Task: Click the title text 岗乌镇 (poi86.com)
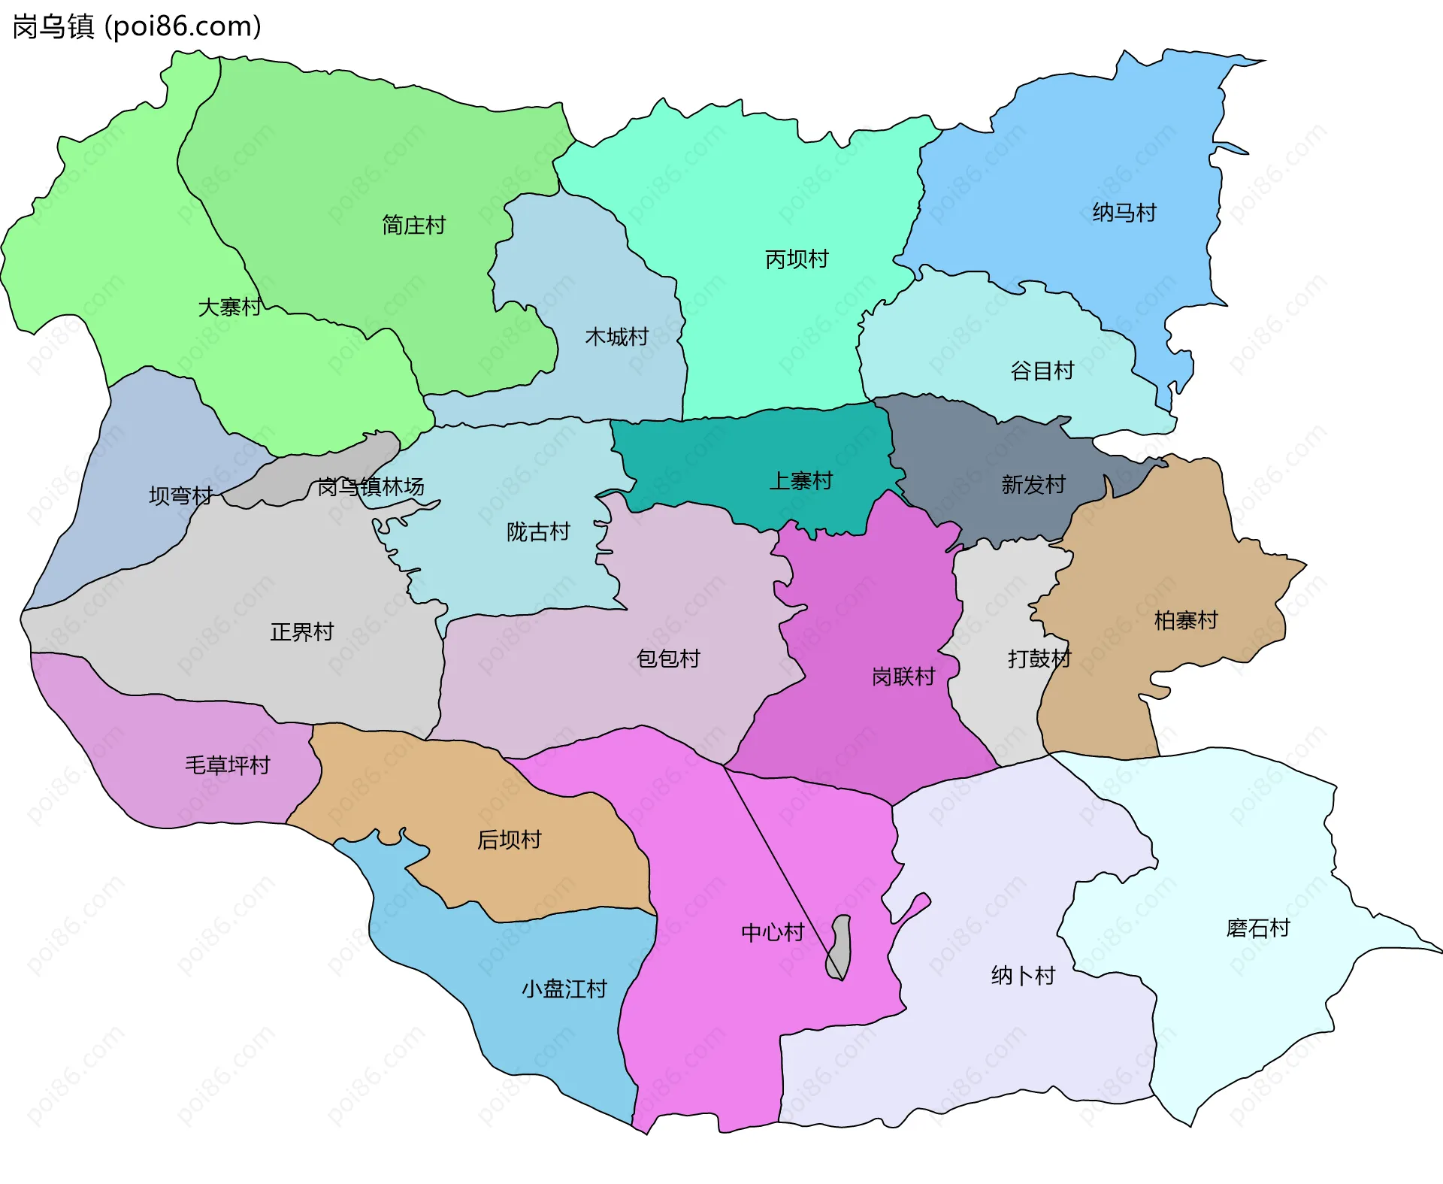(137, 26)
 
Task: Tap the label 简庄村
(413, 225)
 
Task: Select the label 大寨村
(229, 307)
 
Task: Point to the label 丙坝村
(797, 259)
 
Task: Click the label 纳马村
(1124, 213)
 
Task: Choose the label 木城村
(616, 336)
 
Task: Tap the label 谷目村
(1042, 371)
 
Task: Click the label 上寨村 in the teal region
(801, 480)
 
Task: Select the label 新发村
(1033, 484)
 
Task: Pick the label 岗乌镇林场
(371, 487)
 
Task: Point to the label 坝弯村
(180, 495)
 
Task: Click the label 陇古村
(538, 531)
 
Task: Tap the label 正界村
(301, 631)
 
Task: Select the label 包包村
(668, 659)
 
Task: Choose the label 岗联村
(903, 677)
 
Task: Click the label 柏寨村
(1186, 620)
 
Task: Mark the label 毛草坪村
(227, 765)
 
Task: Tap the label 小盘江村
(564, 989)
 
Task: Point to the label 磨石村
(1258, 928)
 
